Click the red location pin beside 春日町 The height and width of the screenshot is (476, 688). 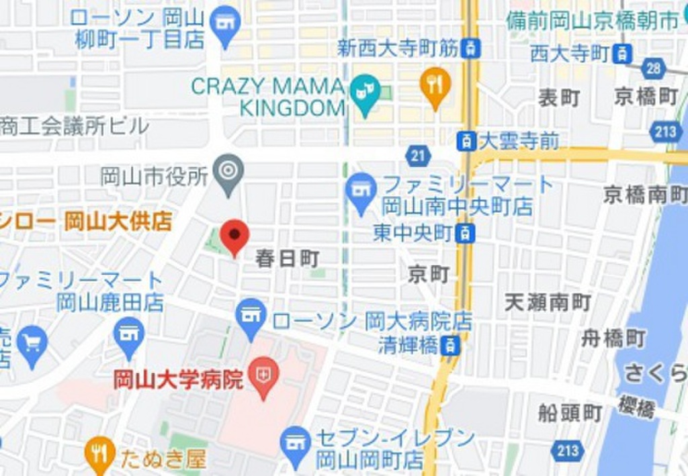point(234,235)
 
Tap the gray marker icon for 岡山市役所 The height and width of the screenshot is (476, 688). point(228,171)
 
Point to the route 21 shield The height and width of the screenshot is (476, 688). point(418,156)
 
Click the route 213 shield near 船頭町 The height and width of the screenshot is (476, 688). point(567,449)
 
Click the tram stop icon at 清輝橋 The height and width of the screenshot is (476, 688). point(451,345)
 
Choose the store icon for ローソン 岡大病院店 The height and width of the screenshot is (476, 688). point(252,315)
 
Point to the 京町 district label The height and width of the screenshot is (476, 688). point(429,273)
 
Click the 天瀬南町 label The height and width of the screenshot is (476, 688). point(548,303)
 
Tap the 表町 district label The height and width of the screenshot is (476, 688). point(558,98)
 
